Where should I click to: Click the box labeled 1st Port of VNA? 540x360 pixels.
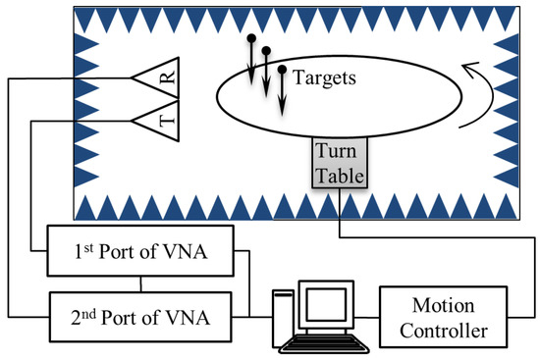pos(140,251)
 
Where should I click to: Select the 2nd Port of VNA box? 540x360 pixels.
pos(140,317)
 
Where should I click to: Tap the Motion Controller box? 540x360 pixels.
pos(443,317)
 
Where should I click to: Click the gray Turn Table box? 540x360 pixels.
pos(340,163)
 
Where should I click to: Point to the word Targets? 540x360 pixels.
pos(324,77)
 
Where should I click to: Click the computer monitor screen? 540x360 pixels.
pos(326,305)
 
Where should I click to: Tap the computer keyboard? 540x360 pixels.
pos(324,344)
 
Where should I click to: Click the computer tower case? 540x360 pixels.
pos(283,319)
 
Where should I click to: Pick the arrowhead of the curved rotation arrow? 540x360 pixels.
pos(470,70)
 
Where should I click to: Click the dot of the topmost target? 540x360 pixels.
pos(251,37)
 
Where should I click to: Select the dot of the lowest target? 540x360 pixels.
pos(282,70)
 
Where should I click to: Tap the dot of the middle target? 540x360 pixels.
pos(266,51)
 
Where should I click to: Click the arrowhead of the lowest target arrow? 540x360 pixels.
pos(282,109)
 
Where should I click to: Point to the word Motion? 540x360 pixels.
pos(443,305)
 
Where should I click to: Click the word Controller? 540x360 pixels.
pos(444,331)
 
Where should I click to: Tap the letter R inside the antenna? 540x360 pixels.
pos(169,77)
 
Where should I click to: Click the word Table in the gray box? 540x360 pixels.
pos(340,176)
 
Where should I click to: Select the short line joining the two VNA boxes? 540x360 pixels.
pos(140,284)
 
